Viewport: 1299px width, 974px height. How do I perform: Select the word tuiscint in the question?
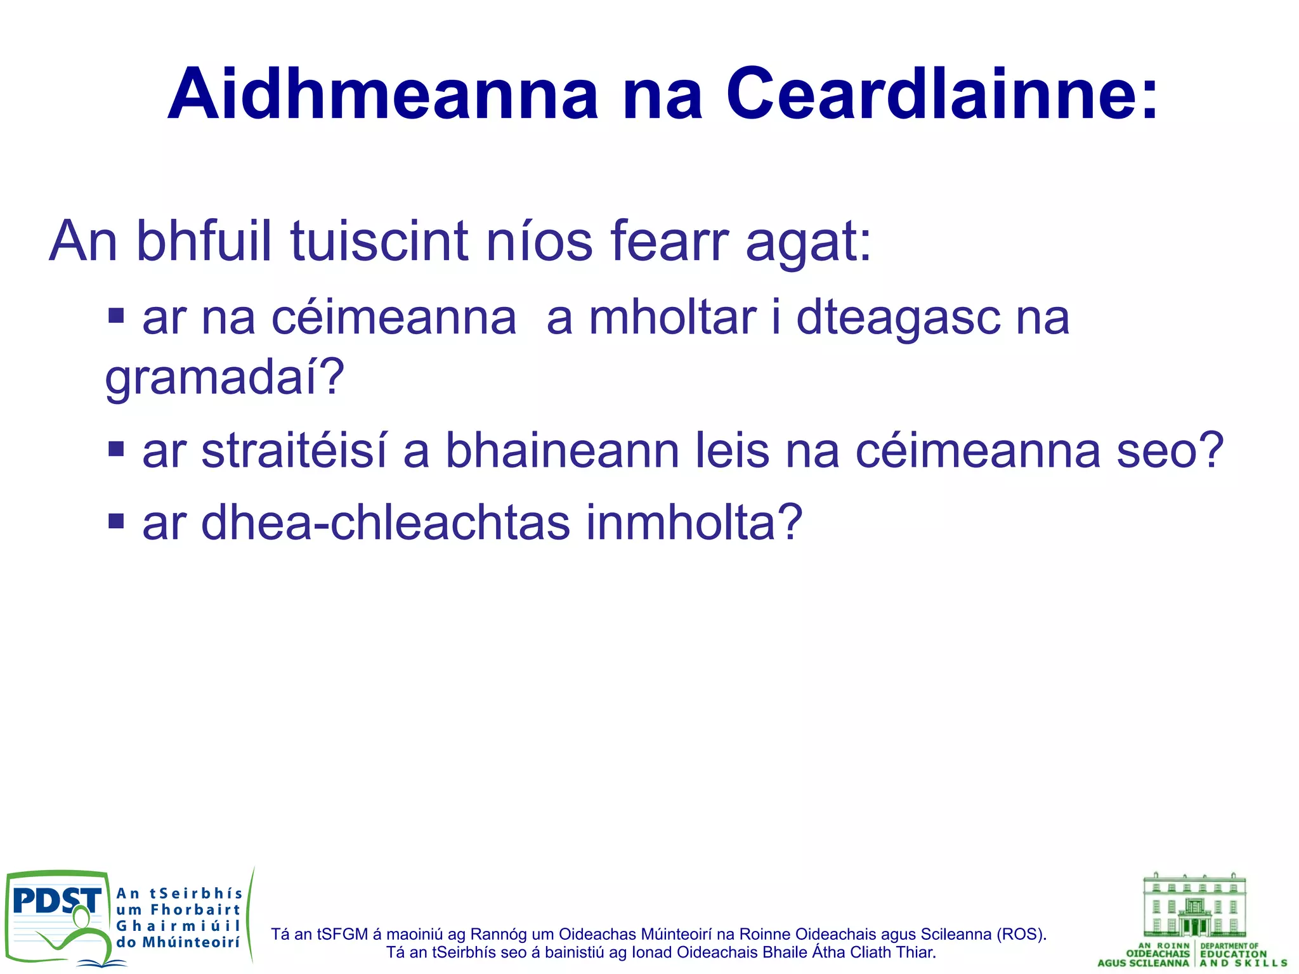point(379,242)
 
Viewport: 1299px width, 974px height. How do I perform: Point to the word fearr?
point(669,242)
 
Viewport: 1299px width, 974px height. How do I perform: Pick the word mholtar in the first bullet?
point(673,318)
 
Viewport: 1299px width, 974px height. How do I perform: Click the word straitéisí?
point(294,451)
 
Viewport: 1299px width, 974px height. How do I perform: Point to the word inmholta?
point(693,523)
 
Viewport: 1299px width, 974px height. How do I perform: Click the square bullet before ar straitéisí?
point(116,449)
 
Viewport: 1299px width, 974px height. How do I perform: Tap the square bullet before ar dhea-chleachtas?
point(116,521)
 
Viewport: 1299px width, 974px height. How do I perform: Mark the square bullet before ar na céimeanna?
point(116,315)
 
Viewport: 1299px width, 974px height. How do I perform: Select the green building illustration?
point(1194,906)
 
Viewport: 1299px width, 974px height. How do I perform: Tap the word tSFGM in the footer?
point(342,934)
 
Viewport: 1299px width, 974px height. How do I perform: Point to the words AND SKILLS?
point(1243,963)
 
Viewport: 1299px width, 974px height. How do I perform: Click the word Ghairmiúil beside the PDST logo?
point(178,926)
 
